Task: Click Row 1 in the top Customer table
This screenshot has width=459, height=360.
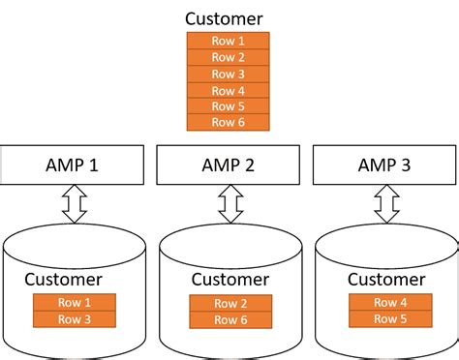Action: (229, 41)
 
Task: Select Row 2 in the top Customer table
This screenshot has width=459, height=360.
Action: (229, 57)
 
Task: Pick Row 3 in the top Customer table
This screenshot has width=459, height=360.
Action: (229, 74)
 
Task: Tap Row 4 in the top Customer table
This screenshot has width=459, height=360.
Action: (229, 90)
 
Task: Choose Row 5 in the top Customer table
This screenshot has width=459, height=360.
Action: (229, 106)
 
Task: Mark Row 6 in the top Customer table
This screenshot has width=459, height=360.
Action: (229, 122)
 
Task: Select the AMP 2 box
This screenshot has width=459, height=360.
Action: (229, 165)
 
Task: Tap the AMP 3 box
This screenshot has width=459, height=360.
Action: (383, 165)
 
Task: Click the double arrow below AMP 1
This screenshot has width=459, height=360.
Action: (75, 203)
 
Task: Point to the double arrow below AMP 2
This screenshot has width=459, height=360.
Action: (230, 203)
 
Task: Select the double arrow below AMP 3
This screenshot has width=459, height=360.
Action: (386, 203)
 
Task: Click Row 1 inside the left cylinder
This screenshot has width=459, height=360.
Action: (75, 302)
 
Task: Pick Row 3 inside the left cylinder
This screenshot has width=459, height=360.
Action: (75, 318)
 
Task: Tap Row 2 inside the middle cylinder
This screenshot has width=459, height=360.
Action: (229, 304)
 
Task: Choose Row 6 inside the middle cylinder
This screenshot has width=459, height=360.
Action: (229, 320)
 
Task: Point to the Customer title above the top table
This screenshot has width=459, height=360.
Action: (229, 18)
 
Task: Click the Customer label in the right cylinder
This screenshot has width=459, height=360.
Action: (385, 280)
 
